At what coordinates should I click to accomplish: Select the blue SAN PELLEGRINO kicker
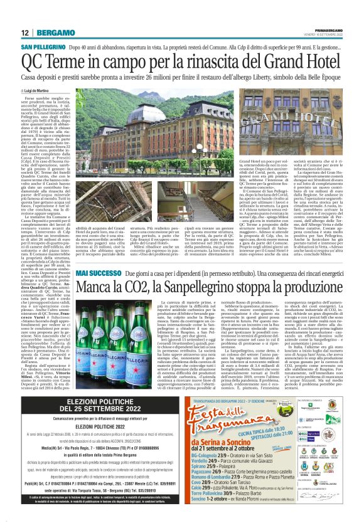(45, 48)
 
